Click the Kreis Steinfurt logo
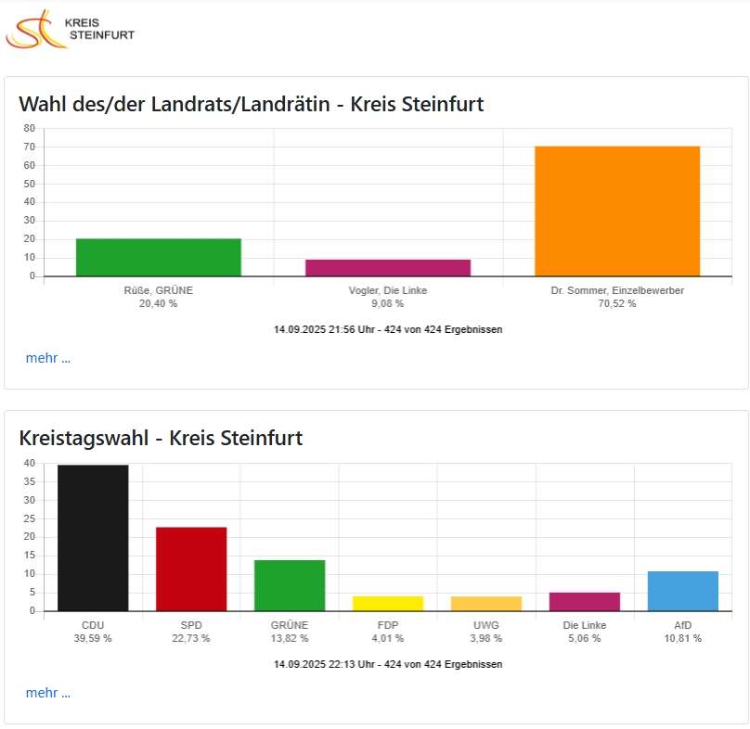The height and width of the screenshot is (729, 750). point(70,29)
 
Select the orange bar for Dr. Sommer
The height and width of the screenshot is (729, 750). point(617,211)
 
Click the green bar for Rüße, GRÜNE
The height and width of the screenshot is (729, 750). point(159,257)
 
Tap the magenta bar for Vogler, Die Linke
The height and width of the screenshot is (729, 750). point(388,267)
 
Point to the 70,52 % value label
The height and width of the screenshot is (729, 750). point(617,303)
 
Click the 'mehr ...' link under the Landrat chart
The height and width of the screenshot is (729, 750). point(48,358)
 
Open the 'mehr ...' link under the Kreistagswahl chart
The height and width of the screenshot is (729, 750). point(48,693)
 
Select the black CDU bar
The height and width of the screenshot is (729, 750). point(93,538)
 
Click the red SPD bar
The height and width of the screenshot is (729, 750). point(191,569)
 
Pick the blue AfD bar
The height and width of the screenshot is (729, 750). point(683,591)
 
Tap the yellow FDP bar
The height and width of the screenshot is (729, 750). point(388,603)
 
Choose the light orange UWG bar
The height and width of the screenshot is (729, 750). point(486,603)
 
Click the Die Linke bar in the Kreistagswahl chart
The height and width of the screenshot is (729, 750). point(585,601)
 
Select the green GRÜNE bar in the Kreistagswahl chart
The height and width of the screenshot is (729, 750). point(290,585)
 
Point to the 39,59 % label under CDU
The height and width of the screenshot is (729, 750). point(93,638)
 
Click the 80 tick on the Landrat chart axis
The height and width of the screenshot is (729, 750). point(30,128)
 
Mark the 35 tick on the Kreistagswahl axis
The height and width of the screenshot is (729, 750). point(30,481)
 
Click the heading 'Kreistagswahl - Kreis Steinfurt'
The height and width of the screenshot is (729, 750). point(161,438)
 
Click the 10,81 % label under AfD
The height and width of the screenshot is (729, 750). point(683,638)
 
